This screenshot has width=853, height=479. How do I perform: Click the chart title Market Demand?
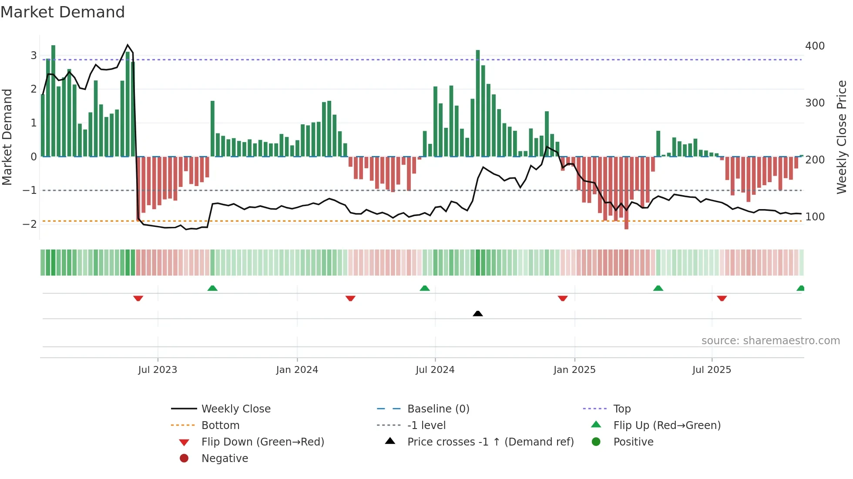coord(63,12)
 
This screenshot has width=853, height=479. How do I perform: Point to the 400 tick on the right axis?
coord(815,46)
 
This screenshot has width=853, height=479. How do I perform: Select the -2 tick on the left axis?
coord(30,224)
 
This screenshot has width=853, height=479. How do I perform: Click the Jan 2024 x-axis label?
coord(297,370)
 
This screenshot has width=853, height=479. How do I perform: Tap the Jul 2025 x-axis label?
coord(712,370)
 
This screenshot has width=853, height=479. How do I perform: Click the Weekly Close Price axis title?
coord(842,137)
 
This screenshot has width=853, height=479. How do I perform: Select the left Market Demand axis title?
coord(7,137)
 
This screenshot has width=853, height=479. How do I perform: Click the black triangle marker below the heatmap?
coord(477,313)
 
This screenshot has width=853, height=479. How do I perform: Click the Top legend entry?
coord(621,409)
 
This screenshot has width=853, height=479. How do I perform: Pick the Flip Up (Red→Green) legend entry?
coord(667,426)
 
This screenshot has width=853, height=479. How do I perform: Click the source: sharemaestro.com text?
coord(770,341)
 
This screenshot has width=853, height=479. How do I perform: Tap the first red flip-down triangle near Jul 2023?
coord(138,299)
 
